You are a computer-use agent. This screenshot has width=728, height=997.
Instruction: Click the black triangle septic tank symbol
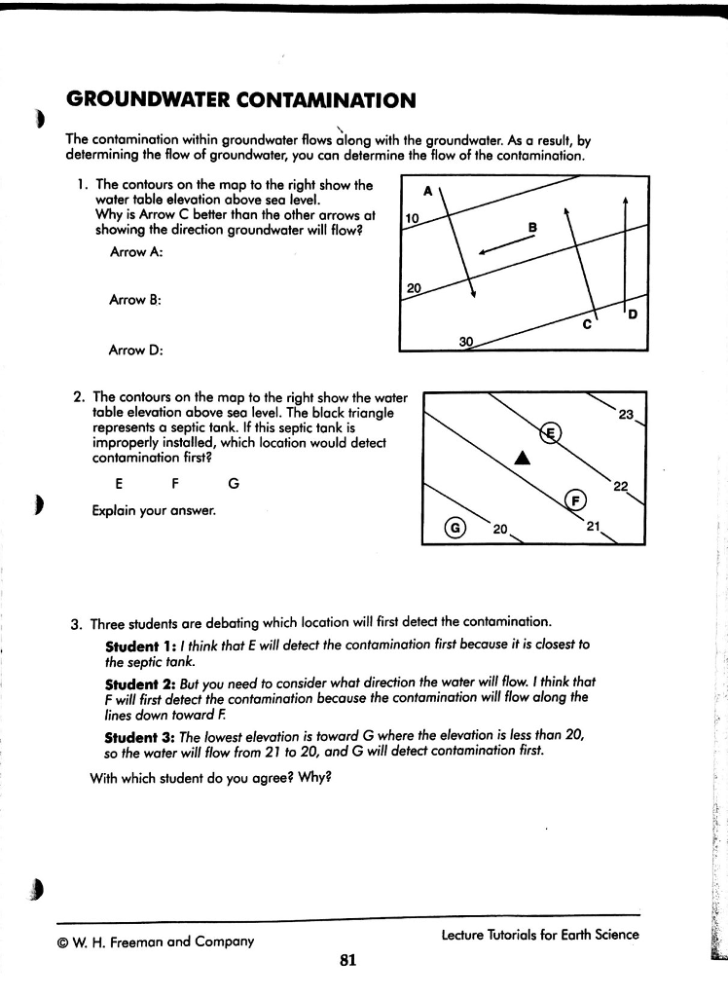click(523, 458)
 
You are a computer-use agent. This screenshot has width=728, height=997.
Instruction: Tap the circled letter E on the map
click(551, 432)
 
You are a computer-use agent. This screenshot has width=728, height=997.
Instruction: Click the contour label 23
click(627, 414)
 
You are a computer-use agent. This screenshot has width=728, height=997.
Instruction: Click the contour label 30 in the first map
click(466, 343)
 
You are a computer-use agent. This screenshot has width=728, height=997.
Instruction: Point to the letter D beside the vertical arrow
click(634, 314)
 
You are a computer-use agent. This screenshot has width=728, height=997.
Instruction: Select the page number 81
click(348, 961)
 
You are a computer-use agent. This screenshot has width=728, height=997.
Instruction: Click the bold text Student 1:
click(136, 646)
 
